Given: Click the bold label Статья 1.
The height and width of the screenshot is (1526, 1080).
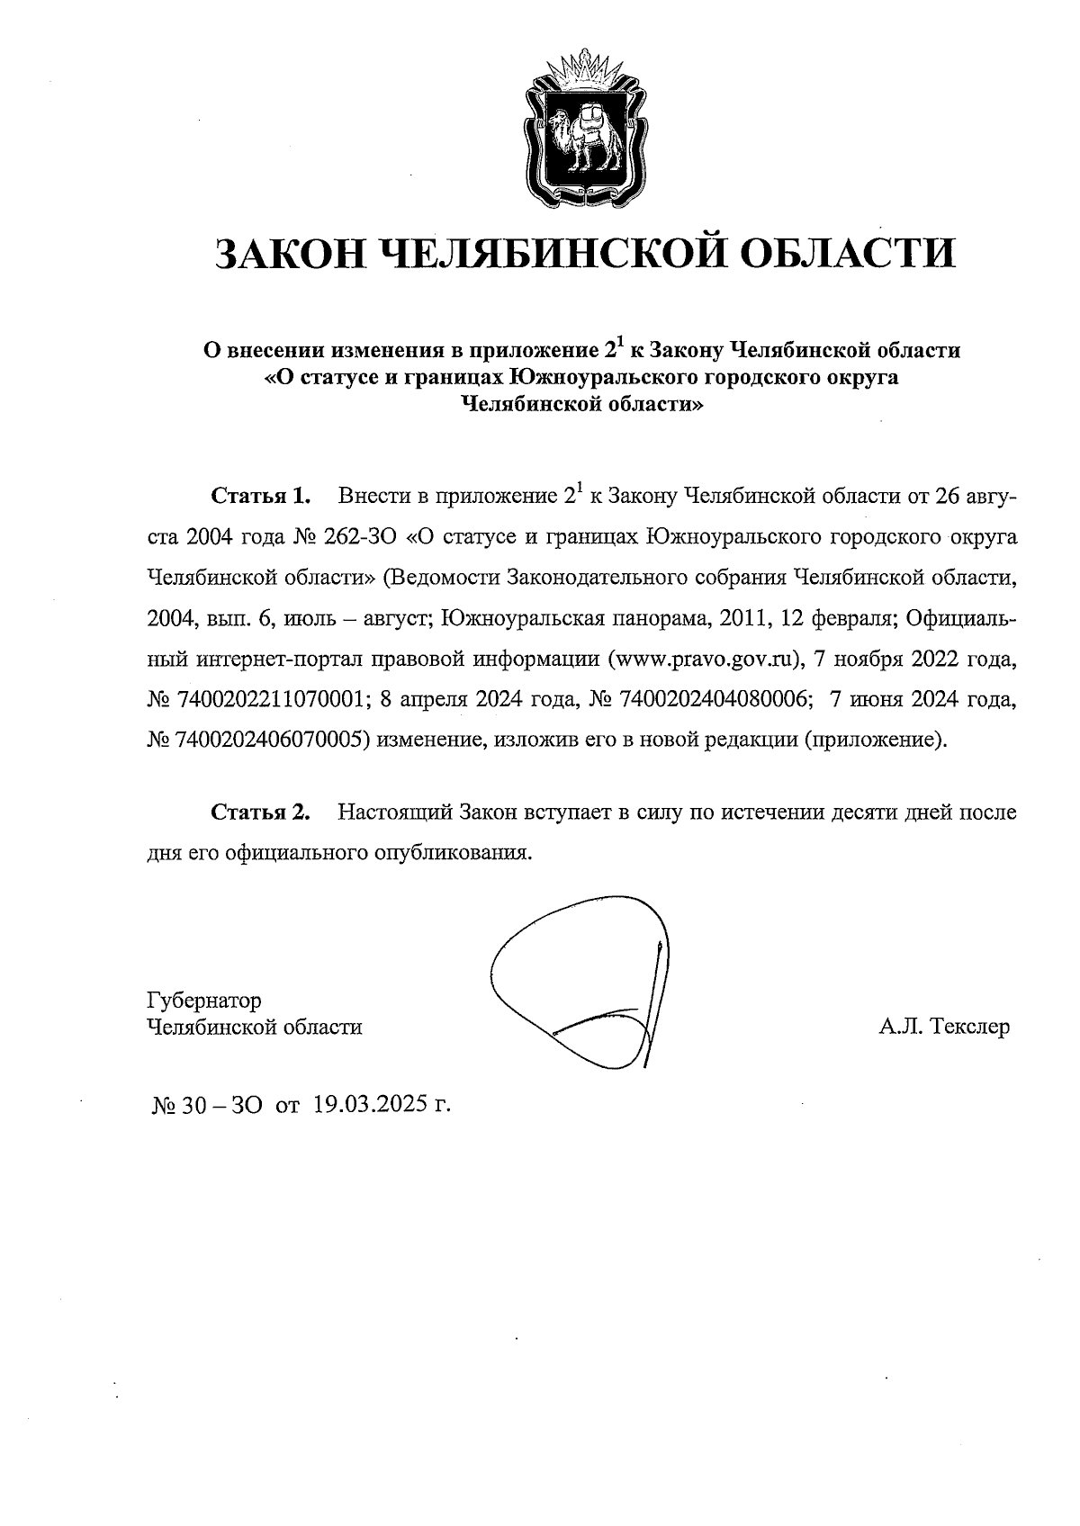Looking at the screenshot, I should (260, 496).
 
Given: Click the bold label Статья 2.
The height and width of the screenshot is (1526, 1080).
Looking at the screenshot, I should (260, 812).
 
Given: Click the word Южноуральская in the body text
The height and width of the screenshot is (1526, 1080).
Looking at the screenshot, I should (520, 619).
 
